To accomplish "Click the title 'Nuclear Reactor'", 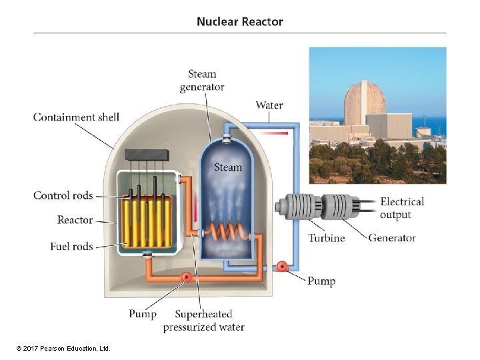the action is [x=240, y=22].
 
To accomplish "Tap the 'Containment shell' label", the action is [x=76, y=117].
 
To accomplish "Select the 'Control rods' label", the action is [x=63, y=195].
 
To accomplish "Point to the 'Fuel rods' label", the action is [x=71, y=246].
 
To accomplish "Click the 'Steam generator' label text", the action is [x=202, y=81].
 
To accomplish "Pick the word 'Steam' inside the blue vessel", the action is [x=228, y=167].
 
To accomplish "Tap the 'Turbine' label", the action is [x=326, y=238].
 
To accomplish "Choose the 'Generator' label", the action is [x=392, y=238].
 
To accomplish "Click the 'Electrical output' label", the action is [x=402, y=208].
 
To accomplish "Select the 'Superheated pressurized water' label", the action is [x=204, y=321].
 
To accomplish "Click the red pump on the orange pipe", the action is [x=187, y=277].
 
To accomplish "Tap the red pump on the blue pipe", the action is [x=281, y=267].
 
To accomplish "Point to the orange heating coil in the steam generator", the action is [x=227, y=232].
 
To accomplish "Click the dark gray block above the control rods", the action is [x=147, y=155].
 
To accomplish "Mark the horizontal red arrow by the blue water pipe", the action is [x=273, y=133].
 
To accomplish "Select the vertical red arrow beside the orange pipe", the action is [x=195, y=207].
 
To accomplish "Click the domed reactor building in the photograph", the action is [x=364, y=103].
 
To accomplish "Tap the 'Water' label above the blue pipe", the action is [x=269, y=105].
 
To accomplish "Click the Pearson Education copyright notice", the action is [x=63, y=349].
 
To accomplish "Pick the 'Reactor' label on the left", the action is [x=75, y=220].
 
